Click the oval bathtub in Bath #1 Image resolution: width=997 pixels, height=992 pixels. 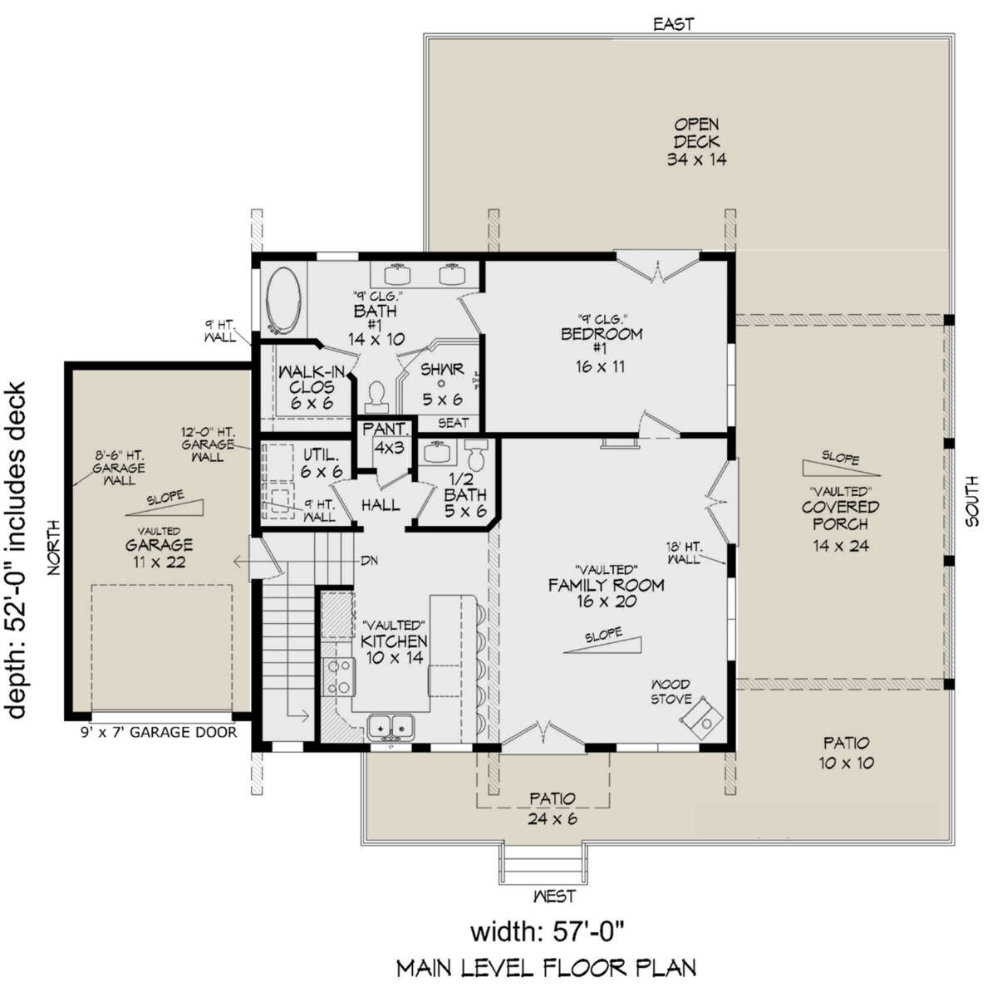(282, 301)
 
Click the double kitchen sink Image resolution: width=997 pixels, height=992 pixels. (390, 728)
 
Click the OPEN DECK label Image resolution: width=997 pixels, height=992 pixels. (696, 141)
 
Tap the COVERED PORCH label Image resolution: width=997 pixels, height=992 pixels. (840, 515)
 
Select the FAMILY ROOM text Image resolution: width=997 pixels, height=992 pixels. (606, 585)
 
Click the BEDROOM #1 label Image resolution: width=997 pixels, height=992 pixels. (602, 341)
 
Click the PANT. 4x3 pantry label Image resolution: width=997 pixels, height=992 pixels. (387, 438)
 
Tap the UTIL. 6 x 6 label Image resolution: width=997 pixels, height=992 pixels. (322, 463)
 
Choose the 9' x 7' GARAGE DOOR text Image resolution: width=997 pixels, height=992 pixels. (159, 732)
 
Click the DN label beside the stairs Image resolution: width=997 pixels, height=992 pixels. (368, 561)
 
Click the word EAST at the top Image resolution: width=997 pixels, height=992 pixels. (674, 24)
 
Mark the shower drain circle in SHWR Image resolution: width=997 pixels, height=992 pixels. (441, 384)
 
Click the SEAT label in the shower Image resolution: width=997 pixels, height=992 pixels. (454, 423)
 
